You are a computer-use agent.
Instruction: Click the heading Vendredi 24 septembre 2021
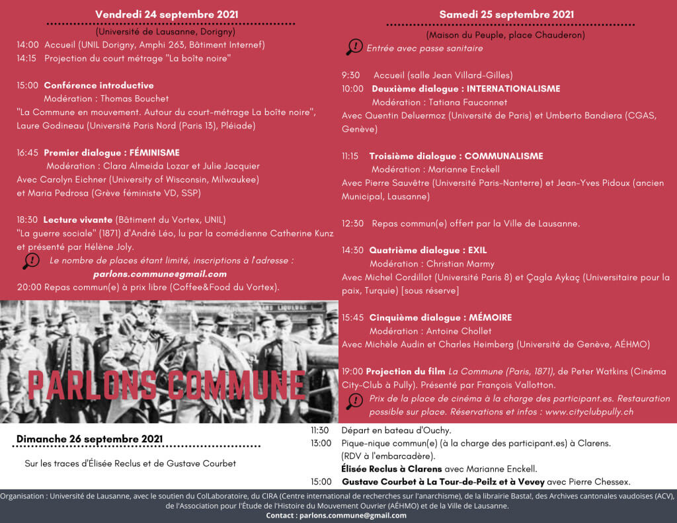point(167,14)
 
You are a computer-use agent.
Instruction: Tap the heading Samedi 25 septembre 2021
point(506,14)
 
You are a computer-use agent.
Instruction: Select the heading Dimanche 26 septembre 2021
point(89,439)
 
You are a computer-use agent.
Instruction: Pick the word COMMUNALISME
point(504,156)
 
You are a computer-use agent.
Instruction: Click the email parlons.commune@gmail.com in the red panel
point(160,274)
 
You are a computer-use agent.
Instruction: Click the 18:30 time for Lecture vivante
point(28,220)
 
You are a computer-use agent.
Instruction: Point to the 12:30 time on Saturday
point(352,223)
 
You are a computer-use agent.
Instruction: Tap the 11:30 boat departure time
point(320,430)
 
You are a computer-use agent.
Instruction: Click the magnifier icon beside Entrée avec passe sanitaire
point(354,47)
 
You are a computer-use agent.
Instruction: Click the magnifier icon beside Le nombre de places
point(30,261)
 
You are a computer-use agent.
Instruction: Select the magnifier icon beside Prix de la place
point(354,401)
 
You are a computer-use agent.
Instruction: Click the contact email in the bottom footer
point(351,515)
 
